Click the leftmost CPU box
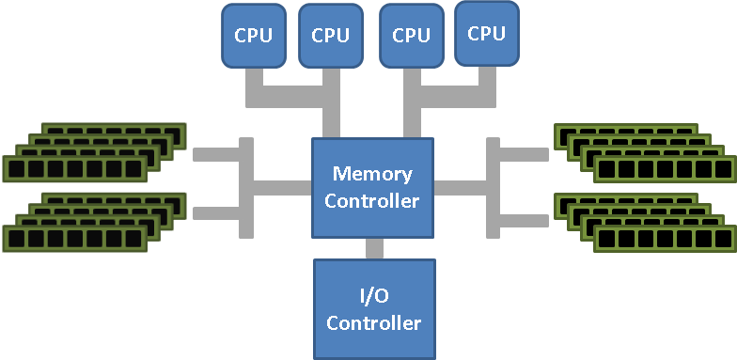click(252, 37)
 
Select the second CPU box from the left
click(330, 37)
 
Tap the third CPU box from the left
click(411, 37)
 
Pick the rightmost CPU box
click(486, 33)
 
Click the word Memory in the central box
click(371, 174)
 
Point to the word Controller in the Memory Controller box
click(371, 200)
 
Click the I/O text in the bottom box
click(373, 296)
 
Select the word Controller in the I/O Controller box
click(373, 322)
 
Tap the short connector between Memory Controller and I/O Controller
click(374, 249)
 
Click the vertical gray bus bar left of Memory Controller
click(246, 187)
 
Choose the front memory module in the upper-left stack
click(75, 169)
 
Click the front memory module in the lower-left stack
click(75, 239)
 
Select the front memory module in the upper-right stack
click(664, 169)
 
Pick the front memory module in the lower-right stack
click(664, 239)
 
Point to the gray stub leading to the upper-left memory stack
click(216, 154)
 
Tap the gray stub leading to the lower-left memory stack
click(216, 213)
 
